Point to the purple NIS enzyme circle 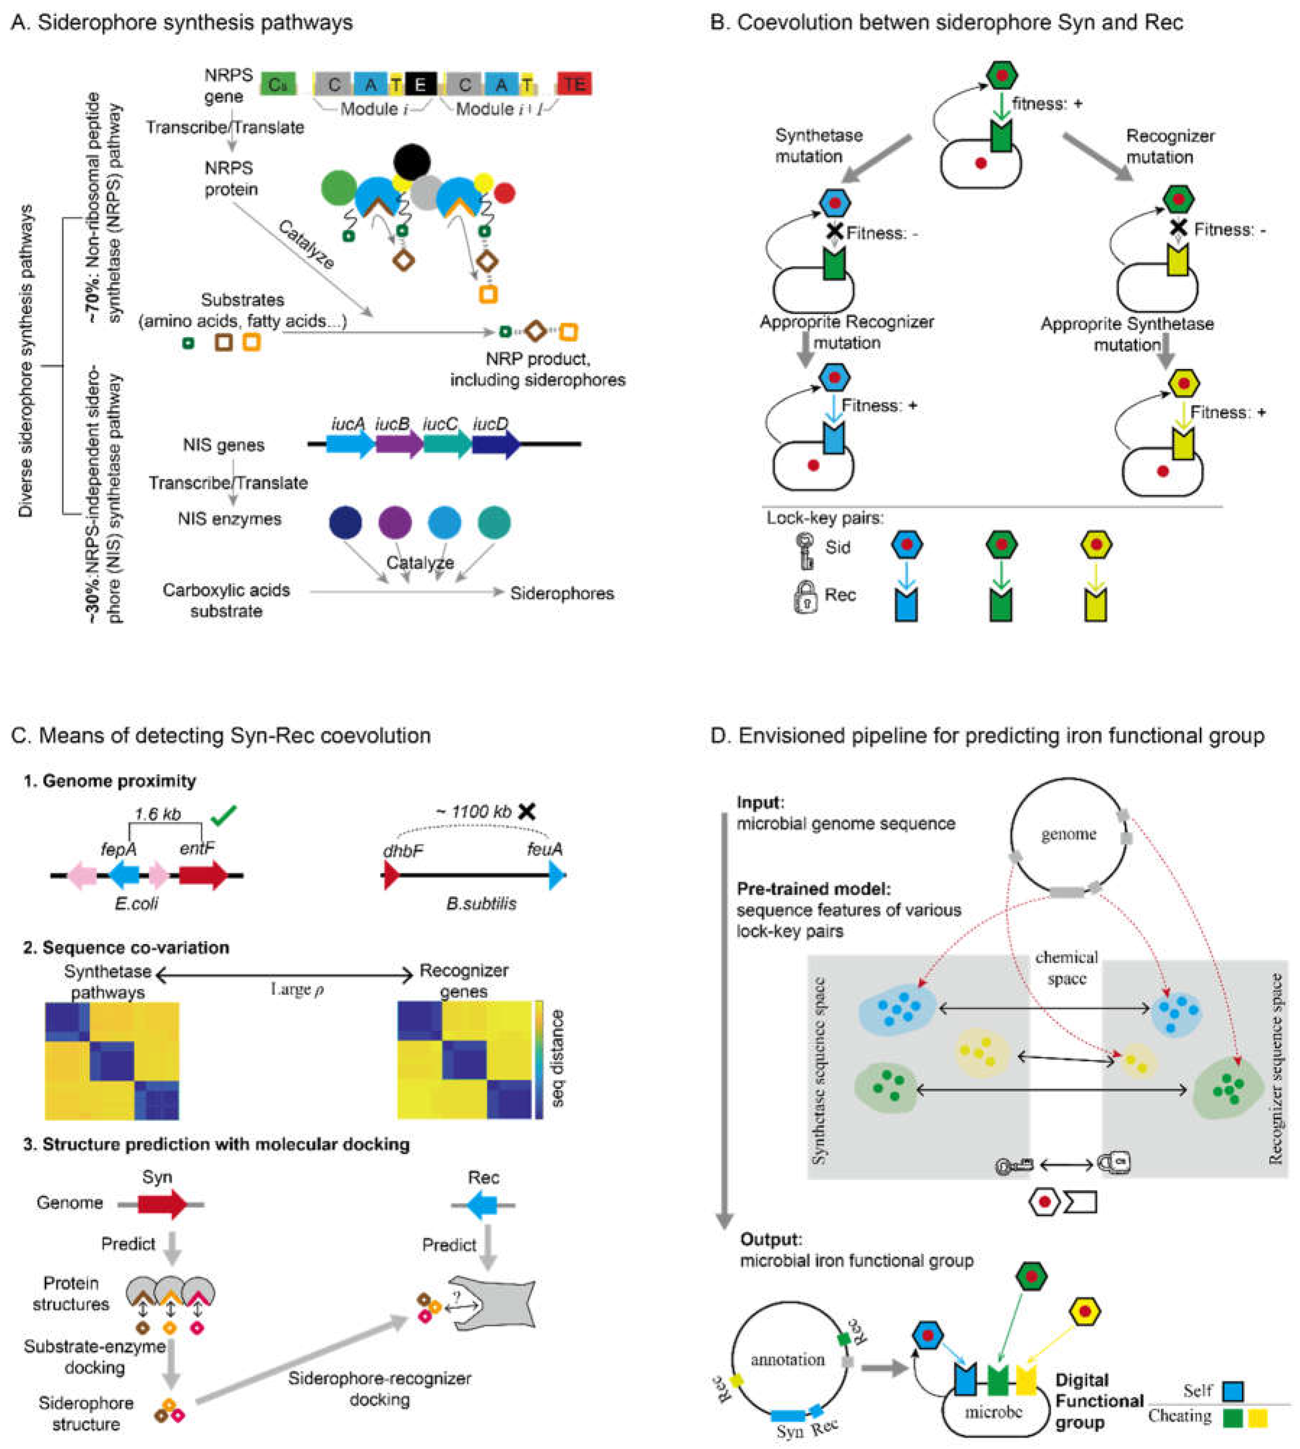coord(394,523)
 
